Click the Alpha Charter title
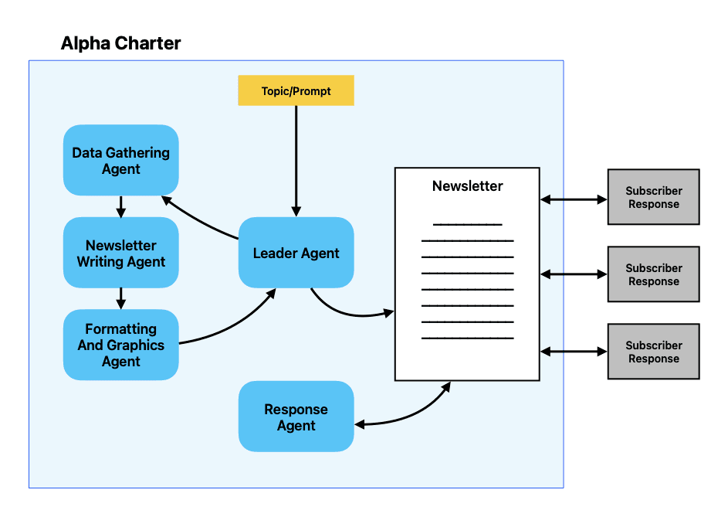pyautogui.click(x=120, y=43)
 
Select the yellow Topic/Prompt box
pyautogui.click(x=296, y=90)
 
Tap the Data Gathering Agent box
pyautogui.click(x=120, y=160)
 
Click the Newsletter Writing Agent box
pyautogui.click(x=120, y=253)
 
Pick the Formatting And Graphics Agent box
pyautogui.click(x=120, y=345)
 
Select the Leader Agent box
pyautogui.click(x=296, y=253)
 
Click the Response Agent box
pyautogui.click(x=296, y=417)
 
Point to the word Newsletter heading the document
pyautogui.click(x=467, y=186)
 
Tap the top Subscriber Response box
pyautogui.click(x=653, y=197)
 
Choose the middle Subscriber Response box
pyautogui.click(x=653, y=274)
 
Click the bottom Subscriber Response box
pyautogui.click(x=653, y=352)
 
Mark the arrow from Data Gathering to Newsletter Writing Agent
pyautogui.click(x=120, y=206)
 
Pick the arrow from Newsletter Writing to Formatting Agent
pyautogui.click(x=120, y=298)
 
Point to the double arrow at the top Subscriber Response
pyautogui.click(x=574, y=199)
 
